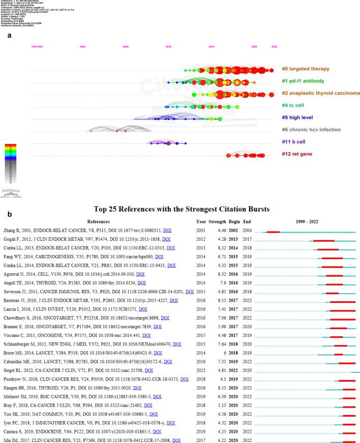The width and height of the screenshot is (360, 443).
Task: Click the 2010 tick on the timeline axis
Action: click(x=168, y=46)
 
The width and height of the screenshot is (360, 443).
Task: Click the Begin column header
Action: click(x=235, y=222)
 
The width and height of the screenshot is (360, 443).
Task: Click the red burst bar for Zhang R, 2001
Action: click(x=273, y=232)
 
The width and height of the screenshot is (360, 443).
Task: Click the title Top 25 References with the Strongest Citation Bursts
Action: click(x=179, y=209)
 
